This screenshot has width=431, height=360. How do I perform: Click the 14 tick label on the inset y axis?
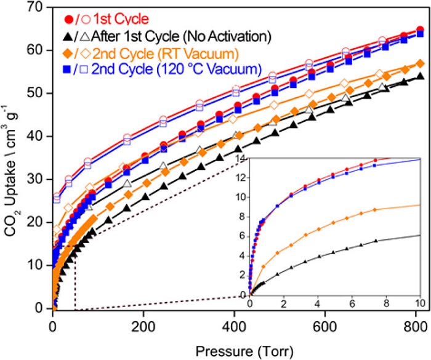click(x=241, y=159)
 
